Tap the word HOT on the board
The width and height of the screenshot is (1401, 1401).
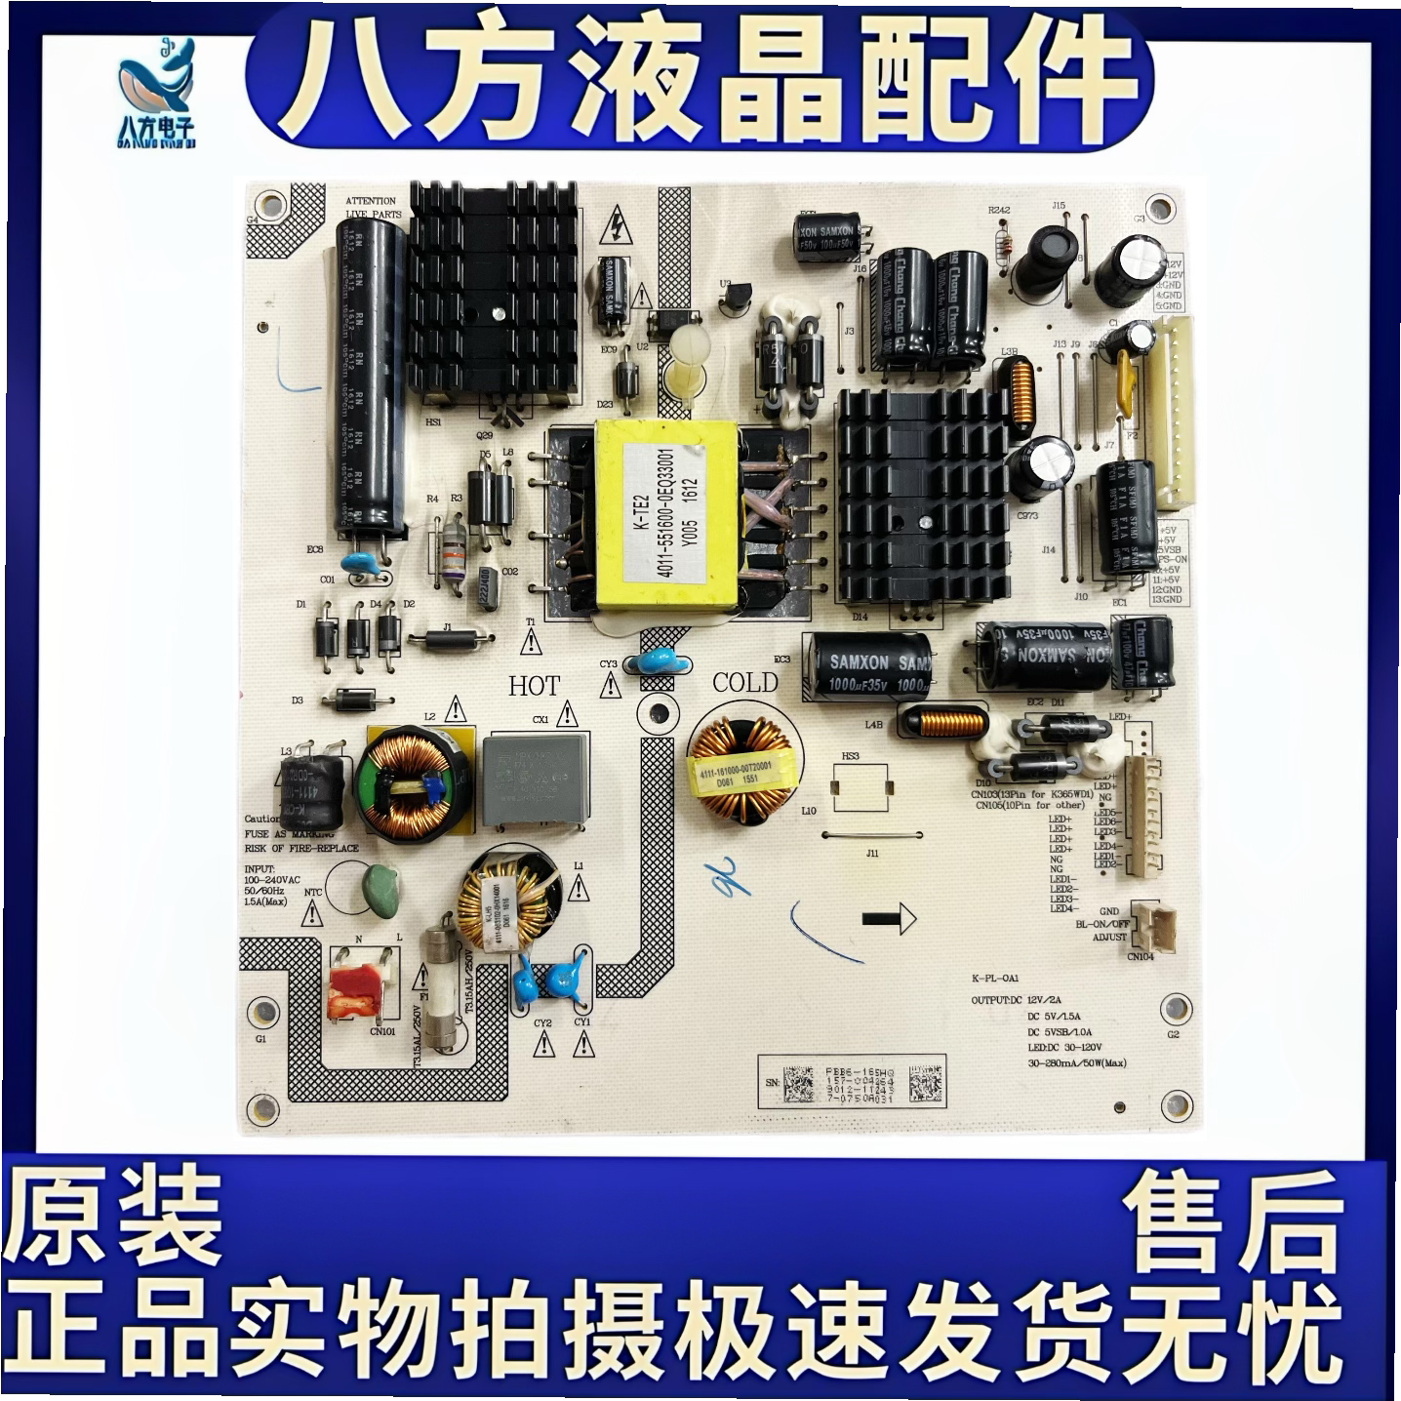[x=534, y=686]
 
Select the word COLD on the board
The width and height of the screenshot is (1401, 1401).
[x=745, y=683]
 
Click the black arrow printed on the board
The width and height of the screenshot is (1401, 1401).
[x=889, y=917]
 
